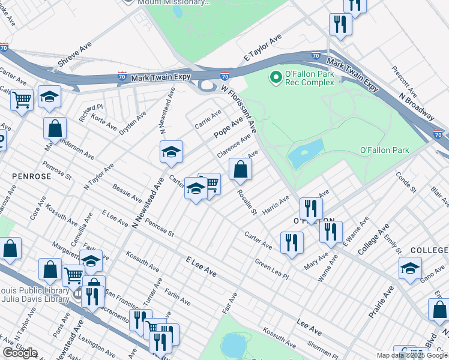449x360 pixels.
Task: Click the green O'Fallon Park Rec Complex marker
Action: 276,77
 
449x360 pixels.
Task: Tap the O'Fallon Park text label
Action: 384,150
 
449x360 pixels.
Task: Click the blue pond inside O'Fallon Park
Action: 306,154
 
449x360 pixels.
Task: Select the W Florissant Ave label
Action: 238,109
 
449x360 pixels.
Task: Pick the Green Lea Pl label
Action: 271,269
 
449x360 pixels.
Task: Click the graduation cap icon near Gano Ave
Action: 410,268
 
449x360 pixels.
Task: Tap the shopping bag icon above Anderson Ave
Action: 55,128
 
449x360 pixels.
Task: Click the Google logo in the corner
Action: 19,353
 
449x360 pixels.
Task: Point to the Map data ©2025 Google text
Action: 412,355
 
